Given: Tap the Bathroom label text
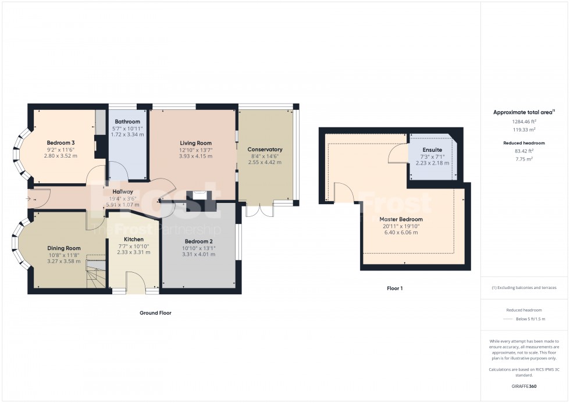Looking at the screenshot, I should [x=127, y=122].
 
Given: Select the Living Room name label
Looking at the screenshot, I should [x=195, y=143].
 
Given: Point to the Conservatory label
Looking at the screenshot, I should [x=265, y=149].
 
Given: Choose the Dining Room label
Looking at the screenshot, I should [x=64, y=248].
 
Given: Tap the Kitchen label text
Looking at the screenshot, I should [x=134, y=239].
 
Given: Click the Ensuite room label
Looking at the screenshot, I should [x=432, y=150].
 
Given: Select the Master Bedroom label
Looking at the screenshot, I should [x=401, y=219].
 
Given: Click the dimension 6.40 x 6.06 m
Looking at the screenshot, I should [x=401, y=233].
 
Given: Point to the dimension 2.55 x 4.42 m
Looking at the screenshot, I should [x=265, y=163].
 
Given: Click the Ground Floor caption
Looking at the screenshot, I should [x=155, y=313].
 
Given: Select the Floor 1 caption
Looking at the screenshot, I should [x=395, y=288].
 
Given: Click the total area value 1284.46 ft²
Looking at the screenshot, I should [x=524, y=122].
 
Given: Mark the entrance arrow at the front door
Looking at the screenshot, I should [x=31, y=199].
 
